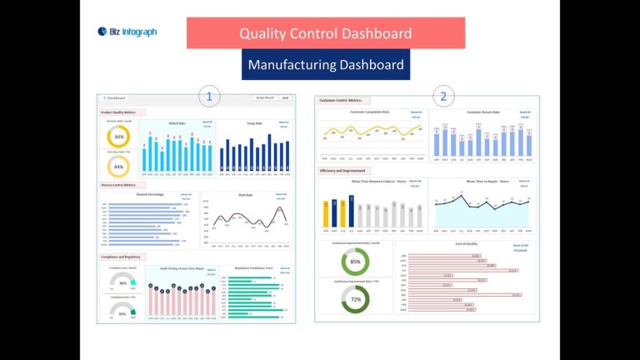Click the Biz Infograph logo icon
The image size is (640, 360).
[x=102, y=32]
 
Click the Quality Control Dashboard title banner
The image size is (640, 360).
[x=325, y=33]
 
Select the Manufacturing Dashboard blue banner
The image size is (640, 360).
[x=325, y=64]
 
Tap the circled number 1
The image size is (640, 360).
[x=208, y=97]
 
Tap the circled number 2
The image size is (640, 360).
[x=443, y=97]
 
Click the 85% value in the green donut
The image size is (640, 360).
[x=356, y=262]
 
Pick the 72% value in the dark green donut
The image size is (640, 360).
[x=356, y=298]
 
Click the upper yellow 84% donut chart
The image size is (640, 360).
[x=119, y=137]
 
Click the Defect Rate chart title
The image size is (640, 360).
[x=177, y=123]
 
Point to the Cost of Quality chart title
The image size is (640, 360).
[x=465, y=244]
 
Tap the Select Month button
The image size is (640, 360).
[x=265, y=97]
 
